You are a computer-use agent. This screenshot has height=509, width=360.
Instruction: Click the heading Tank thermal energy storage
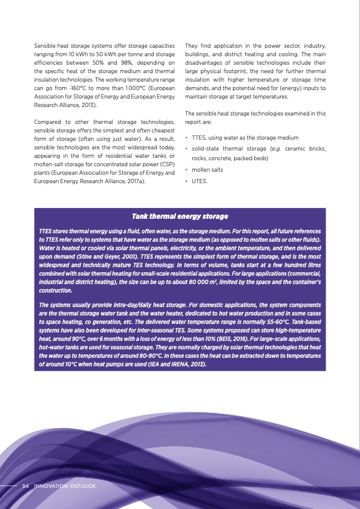(180, 216)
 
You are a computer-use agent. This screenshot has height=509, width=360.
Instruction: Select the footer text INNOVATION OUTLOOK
(65, 486)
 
